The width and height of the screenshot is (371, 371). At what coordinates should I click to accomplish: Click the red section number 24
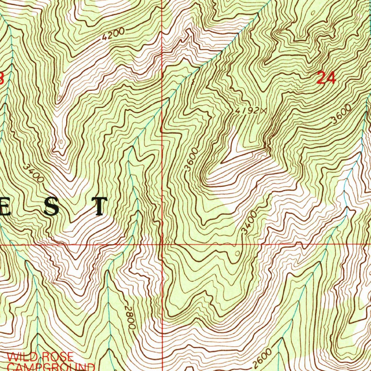(326, 78)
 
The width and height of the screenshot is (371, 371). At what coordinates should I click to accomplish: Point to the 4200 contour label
(113, 34)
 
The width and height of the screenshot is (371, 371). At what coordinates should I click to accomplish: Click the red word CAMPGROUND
(51, 366)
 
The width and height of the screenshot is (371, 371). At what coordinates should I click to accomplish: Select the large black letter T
(99, 207)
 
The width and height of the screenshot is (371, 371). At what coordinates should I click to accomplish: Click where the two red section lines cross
(162, 245)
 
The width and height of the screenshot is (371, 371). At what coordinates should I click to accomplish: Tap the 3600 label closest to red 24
(342, 114)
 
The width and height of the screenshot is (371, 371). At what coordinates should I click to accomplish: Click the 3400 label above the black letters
(35, 173)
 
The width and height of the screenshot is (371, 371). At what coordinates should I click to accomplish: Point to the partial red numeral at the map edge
(1, 78)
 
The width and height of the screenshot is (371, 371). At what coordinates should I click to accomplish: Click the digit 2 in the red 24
(321, 78)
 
